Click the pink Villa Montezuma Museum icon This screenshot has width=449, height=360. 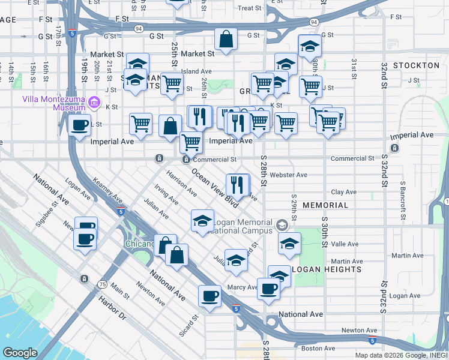click(93, 103)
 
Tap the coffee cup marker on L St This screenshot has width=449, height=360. click(79, 125)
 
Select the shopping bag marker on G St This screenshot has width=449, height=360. click(226, 40)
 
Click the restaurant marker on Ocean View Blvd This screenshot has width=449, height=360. click(238, 185)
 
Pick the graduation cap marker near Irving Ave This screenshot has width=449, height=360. click(203, 221)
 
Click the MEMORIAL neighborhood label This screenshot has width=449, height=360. click(325, 205)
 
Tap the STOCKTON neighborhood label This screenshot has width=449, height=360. click(416, 65)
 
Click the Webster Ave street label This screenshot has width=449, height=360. click(288, 175)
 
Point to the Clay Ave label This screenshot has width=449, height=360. click(345, 192)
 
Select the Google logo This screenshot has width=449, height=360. click(20, 353)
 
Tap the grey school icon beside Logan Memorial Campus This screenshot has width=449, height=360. click(281, 226)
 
